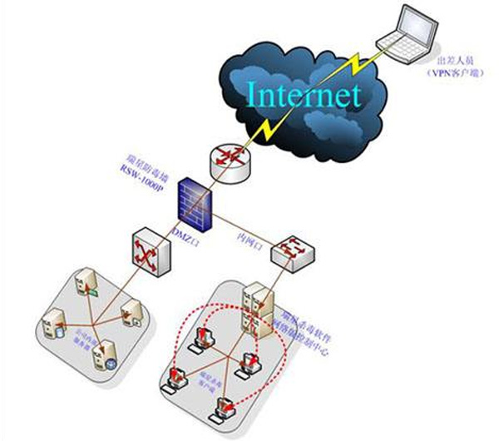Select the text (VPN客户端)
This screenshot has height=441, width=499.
click(456, 73)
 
